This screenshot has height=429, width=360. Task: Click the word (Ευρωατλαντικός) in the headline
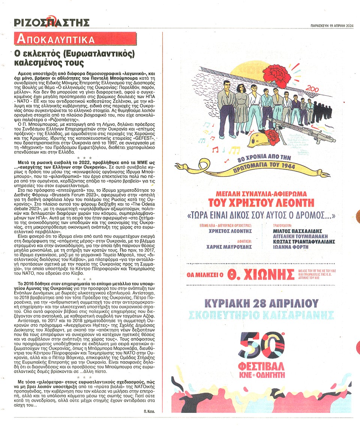[97, 54]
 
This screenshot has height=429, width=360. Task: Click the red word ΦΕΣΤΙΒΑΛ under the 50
[261, 365]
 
